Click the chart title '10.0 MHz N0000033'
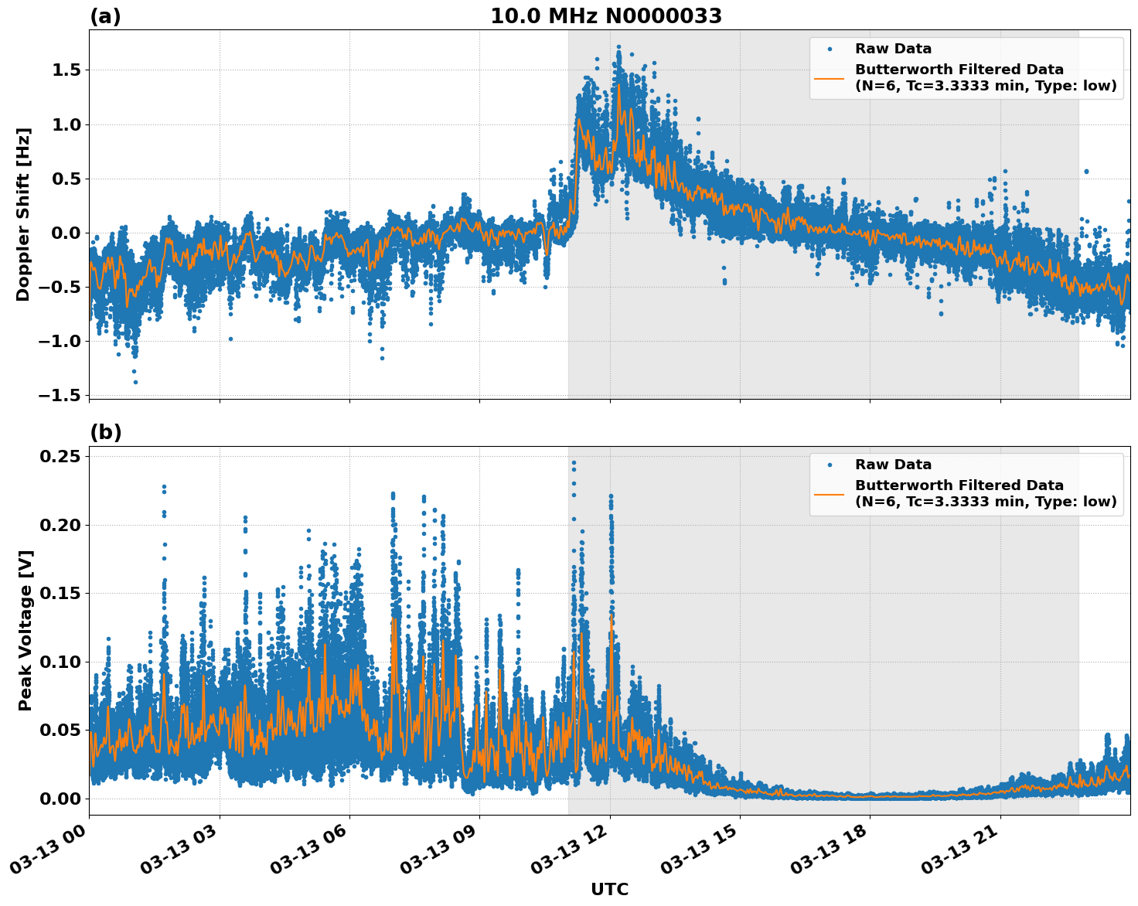tap(605, 16)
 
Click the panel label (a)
tap(105, 16)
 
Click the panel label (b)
tap(105, 432)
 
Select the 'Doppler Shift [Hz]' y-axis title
tap(23, 214)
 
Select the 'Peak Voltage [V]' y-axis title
tap(26, 630)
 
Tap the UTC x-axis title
tap(609, 889)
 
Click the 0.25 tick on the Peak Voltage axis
tap(60, 457)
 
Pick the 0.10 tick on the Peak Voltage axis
tap(60, 662)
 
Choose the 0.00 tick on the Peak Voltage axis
tap(60, 799)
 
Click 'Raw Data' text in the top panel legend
tap(893, 49)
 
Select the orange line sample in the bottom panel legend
tap(830, 493)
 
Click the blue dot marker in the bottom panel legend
tap(830, 465)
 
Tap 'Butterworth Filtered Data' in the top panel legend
tap(959, 70)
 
